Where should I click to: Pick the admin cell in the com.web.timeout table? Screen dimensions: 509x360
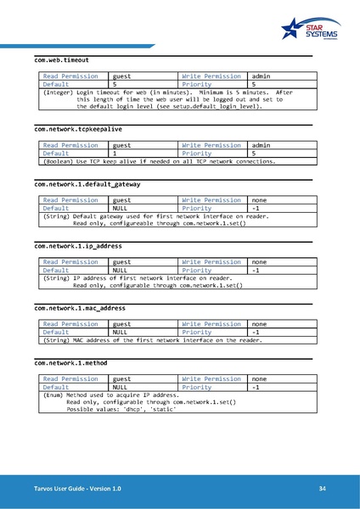[x=261, y=76]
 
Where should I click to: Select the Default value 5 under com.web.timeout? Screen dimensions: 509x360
[x=115, y=85]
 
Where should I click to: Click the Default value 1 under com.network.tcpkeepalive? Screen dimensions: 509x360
[x=115, y=154]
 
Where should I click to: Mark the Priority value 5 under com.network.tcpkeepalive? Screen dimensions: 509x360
[x=254, y=154]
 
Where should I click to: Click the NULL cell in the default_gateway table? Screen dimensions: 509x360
[x=120, y=207]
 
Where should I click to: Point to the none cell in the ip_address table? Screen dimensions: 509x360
[x=260, y=263]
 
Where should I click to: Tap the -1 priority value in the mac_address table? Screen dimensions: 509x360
[x=256, y=332]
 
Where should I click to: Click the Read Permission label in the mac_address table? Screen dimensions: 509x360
[x=70, y=323]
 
